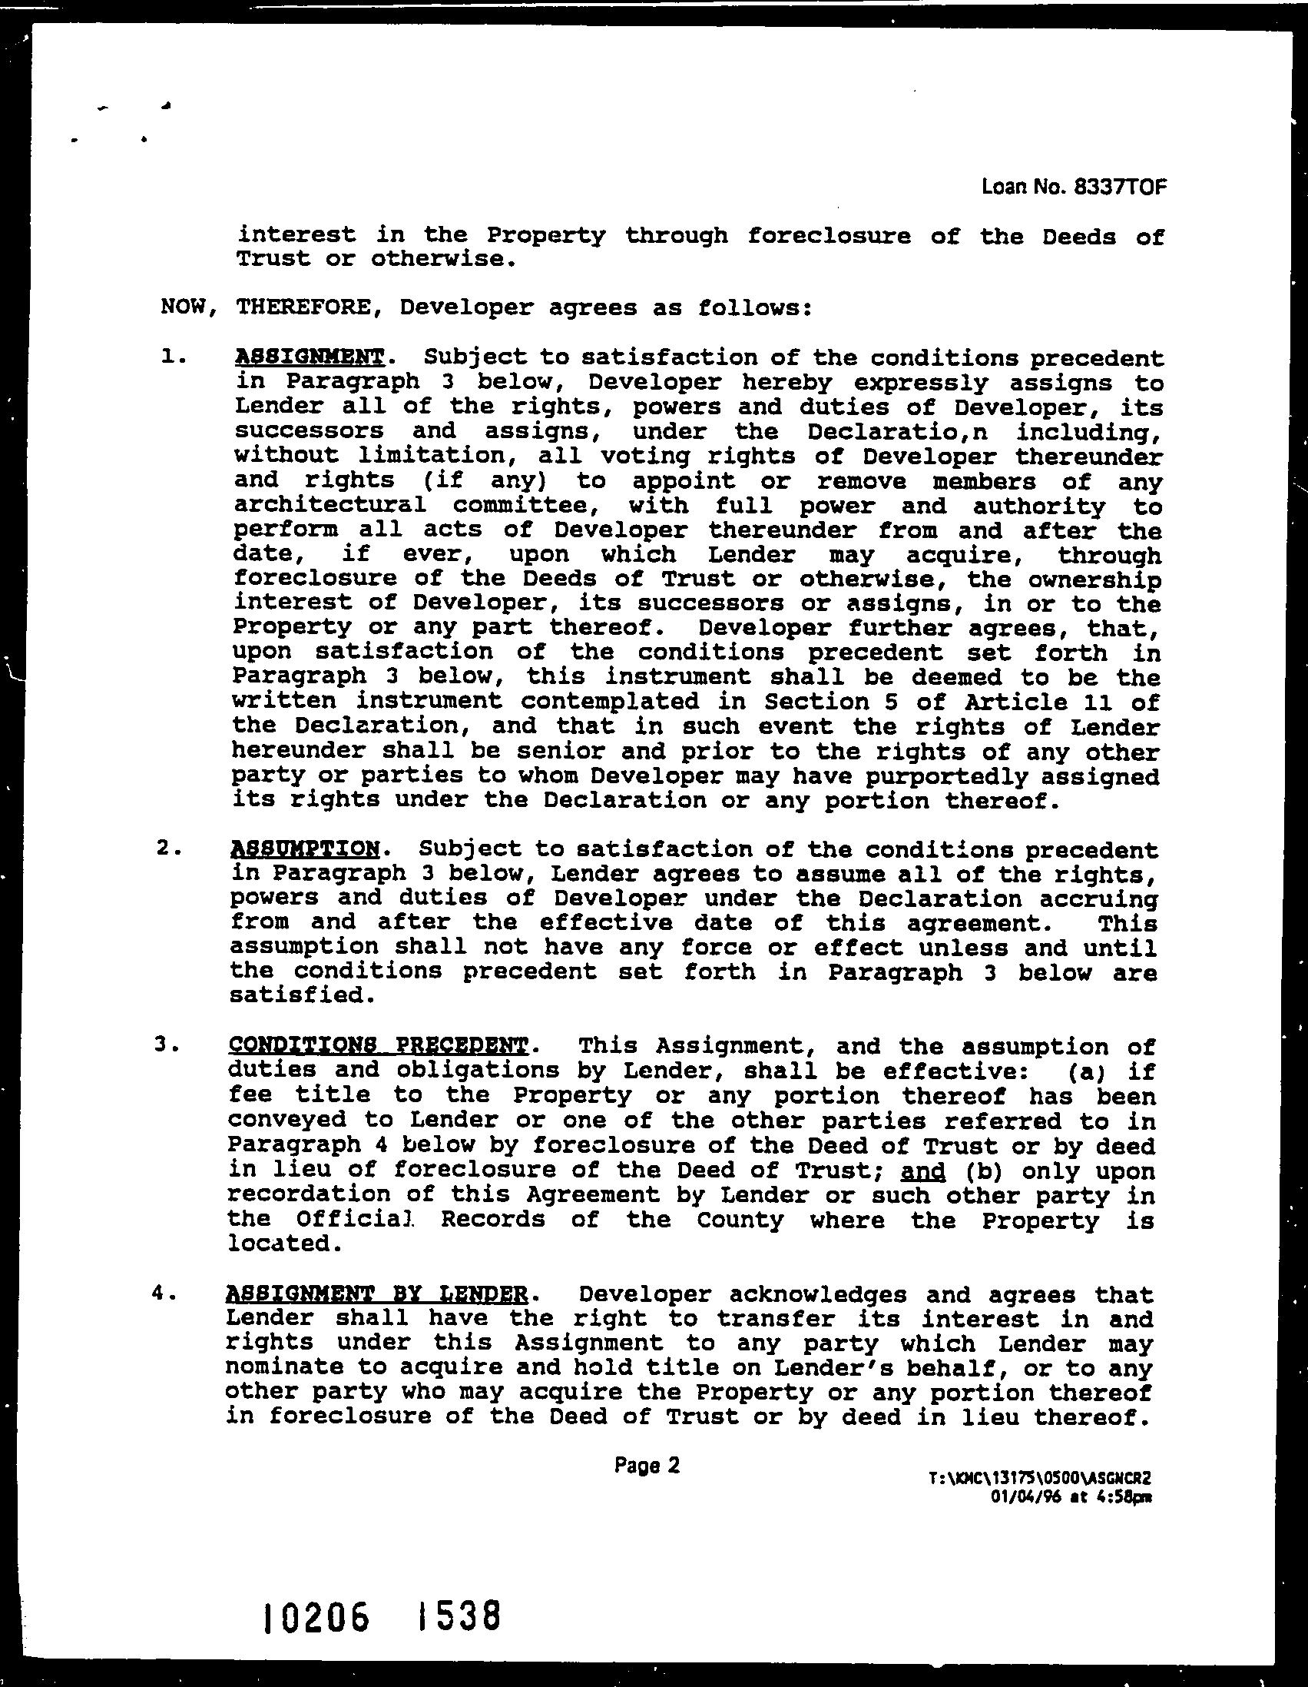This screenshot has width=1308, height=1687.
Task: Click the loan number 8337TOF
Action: [x=1119, y=187]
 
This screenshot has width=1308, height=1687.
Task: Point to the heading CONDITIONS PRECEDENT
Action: [x=379, y=1046]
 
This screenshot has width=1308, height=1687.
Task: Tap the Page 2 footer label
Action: [x=647, y=1466]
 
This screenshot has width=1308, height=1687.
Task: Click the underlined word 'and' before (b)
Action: [x=922, y=1171]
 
